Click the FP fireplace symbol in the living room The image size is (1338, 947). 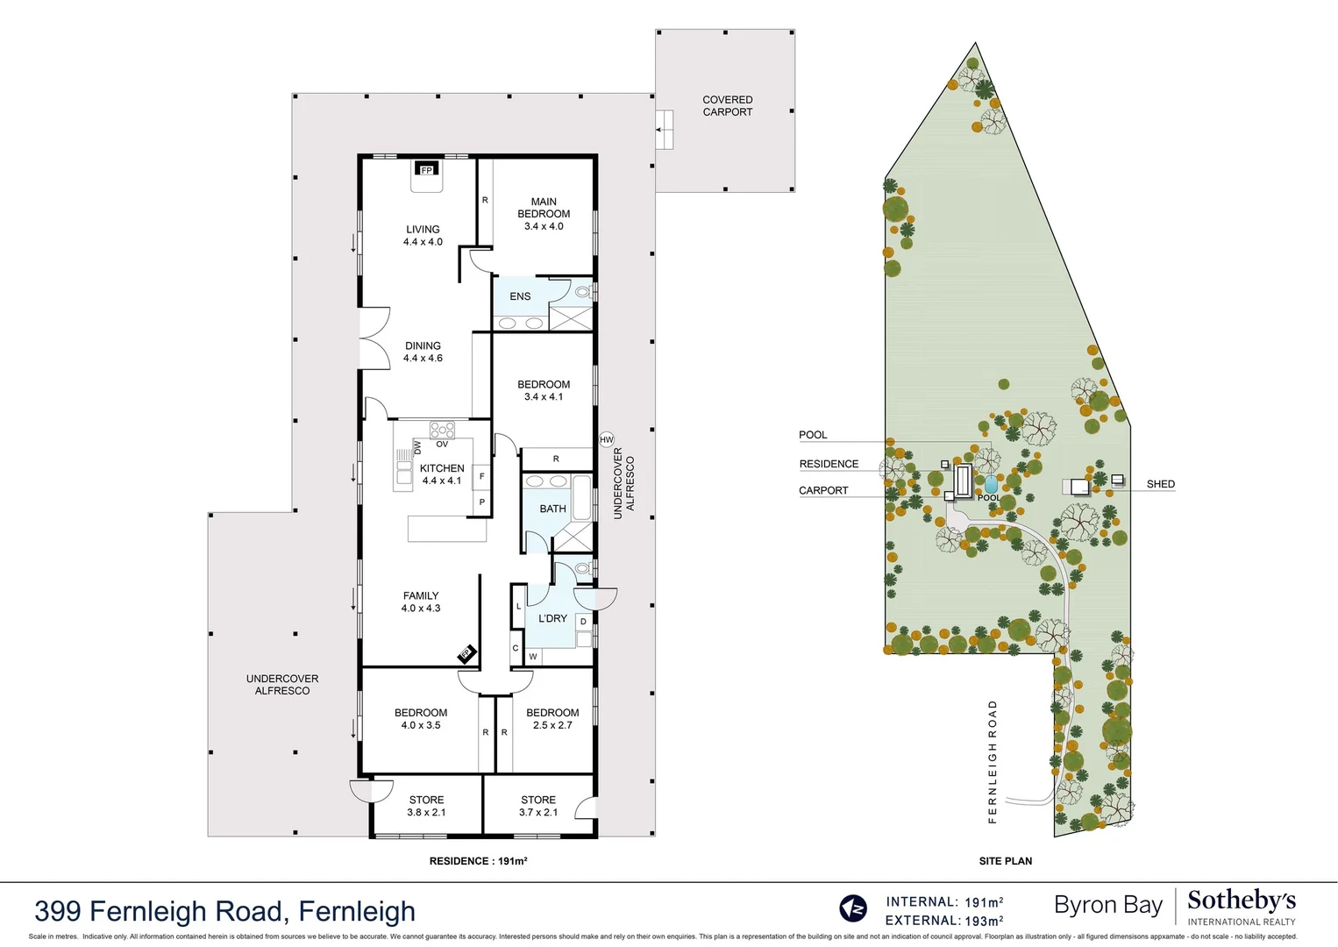(x=427, y=169)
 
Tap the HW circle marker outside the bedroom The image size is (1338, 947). (x=607, y=440)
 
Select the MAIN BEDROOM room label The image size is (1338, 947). (x=544, y=208)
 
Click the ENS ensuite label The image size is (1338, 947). (x=520, y=296)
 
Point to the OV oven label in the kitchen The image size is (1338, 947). (x=442, y=445)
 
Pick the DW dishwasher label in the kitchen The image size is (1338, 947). (x=417, y=447)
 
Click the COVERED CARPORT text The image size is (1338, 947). (x=727, y=106)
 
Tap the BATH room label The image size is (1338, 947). (x=552, y=509)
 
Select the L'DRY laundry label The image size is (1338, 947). (x=552, y=618)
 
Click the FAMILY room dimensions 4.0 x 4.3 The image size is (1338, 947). (x=421, y=609)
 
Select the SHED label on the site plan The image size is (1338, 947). (x=1160, y=484)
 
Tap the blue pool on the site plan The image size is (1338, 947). (x=991, y=484)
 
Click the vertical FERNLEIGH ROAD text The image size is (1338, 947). (x=993, y=761)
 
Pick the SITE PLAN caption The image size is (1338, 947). (x=1005, y=861)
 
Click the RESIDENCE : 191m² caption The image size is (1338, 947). (x=478, y=861)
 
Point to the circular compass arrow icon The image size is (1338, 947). (x=853, y=908)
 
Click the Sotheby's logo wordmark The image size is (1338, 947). (x=1241, y=901)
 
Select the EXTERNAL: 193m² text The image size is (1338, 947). (x=943, y=921)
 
